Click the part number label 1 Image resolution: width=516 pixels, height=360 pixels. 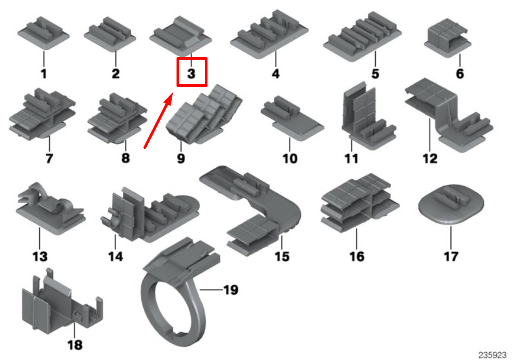pyautogui.click(x=43, y=73)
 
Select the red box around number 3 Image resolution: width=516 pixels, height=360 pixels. pyautogui.click(x=192, y=72)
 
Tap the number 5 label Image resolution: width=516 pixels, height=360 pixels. pyautogui.click(x=375, y=73)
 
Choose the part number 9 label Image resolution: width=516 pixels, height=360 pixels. pyautogui.click(x=181, y=159)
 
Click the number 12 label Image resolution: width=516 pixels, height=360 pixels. pyautogui.click(x=430, y=159)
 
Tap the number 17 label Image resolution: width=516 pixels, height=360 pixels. pyautogui.click(x=451, y=256)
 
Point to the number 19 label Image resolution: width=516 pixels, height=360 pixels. pyautogui.click(x=230, y=290)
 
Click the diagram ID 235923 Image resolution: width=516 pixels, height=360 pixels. pyautogui.click(x=493, y=353)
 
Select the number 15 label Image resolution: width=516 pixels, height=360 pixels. pyautogui.click(x=282, y=256)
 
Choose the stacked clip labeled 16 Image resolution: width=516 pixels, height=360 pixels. pyautogui.click(x=357, y=204)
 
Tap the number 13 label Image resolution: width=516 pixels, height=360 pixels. pyautogui.click(x=40, y=256)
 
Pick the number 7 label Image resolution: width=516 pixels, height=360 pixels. pyautogui.click(x=49, y=159)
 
